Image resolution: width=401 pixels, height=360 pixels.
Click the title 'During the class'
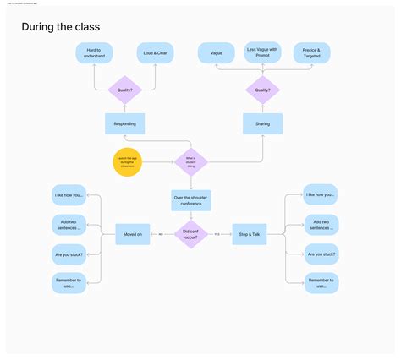[x=61, y=27]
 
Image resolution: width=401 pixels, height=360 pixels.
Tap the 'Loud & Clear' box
[x=155, y=53]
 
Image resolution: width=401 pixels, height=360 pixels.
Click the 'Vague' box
[x=216, y=53]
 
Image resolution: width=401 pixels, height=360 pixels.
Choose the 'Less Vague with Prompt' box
[x=263, y=52]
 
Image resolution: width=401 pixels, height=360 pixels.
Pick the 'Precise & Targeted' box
[x=311, y=53]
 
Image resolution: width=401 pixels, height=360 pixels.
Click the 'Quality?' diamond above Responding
[x=124, y=89]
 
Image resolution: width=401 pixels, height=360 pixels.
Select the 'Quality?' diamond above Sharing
[x=263, y=89]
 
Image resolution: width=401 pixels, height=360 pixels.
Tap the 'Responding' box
[x=124, y=123]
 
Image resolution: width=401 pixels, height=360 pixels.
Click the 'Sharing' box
[x=263, y=123]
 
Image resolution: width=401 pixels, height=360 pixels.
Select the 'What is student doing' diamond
[x=190, y=161]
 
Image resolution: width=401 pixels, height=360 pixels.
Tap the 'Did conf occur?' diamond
[x=190, y=234]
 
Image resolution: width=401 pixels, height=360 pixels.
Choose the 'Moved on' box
[x=133, y=234]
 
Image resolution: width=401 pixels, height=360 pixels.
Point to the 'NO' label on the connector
[x=162, y=234]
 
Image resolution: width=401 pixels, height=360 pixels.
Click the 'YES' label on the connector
[x=217, y=234]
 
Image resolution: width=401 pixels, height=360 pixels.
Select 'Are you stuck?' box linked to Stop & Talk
[x=321, y=254]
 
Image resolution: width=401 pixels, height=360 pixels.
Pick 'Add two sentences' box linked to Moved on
[x=68, y=225]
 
